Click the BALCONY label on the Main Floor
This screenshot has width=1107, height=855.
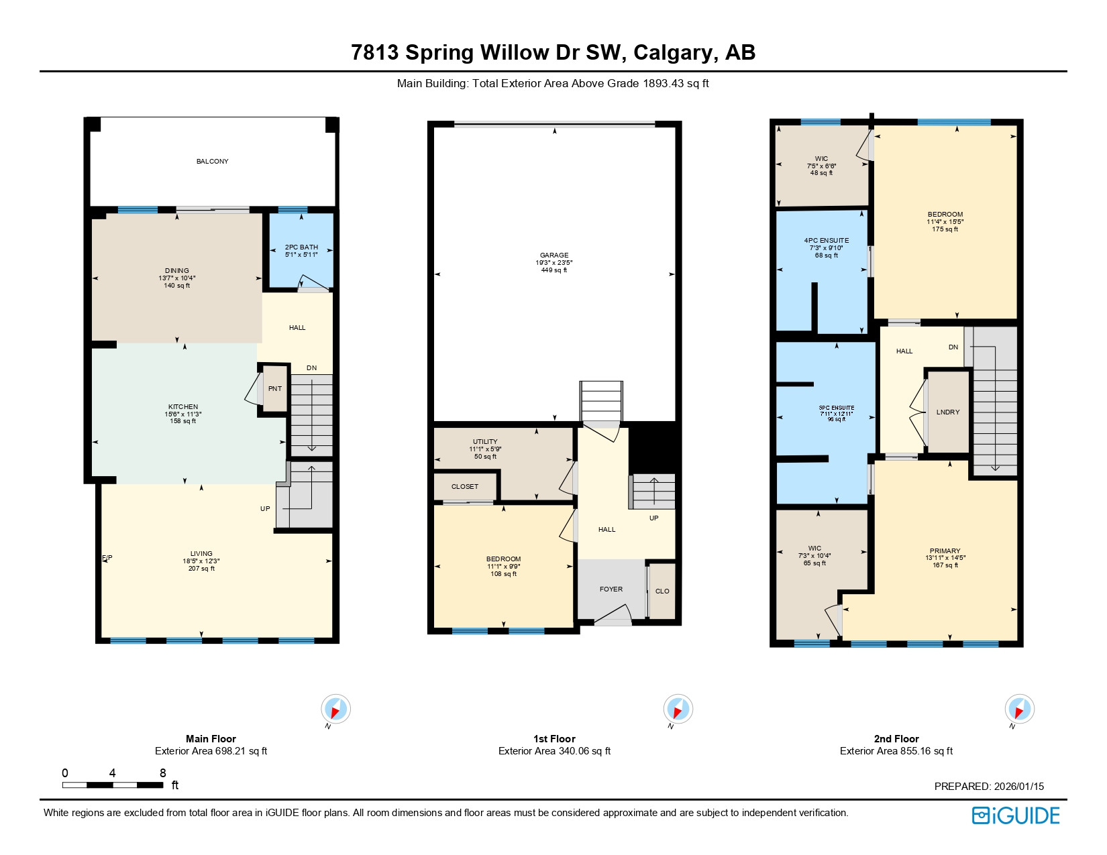pos(212,162)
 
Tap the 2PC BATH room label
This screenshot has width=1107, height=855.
pos(301,247)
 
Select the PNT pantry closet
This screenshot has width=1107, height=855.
pos(275,389)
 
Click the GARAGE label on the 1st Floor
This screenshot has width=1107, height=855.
pos(554,255)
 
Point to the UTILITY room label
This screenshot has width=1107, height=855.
pos(485,442)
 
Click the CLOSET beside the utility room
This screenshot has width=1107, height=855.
pos(465,487)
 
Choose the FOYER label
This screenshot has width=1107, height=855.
pos(611,589)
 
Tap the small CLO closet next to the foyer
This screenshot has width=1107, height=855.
pos(662,591)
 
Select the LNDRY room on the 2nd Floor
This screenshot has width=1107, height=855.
pos(948,412)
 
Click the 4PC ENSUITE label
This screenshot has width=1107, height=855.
pos(827,241)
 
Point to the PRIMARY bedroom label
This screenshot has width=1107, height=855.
pos(945,551)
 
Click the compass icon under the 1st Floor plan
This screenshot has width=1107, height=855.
pos(678,709)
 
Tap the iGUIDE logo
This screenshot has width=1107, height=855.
pos(1016,815)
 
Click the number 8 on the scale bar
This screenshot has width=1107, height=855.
pos(162,773)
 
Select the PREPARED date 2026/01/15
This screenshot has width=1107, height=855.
pos(989,787)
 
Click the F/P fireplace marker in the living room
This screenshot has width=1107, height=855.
pos(107,558)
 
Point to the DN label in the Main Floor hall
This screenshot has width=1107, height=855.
pos(311,368)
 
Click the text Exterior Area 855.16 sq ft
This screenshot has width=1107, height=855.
pos(896,751)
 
